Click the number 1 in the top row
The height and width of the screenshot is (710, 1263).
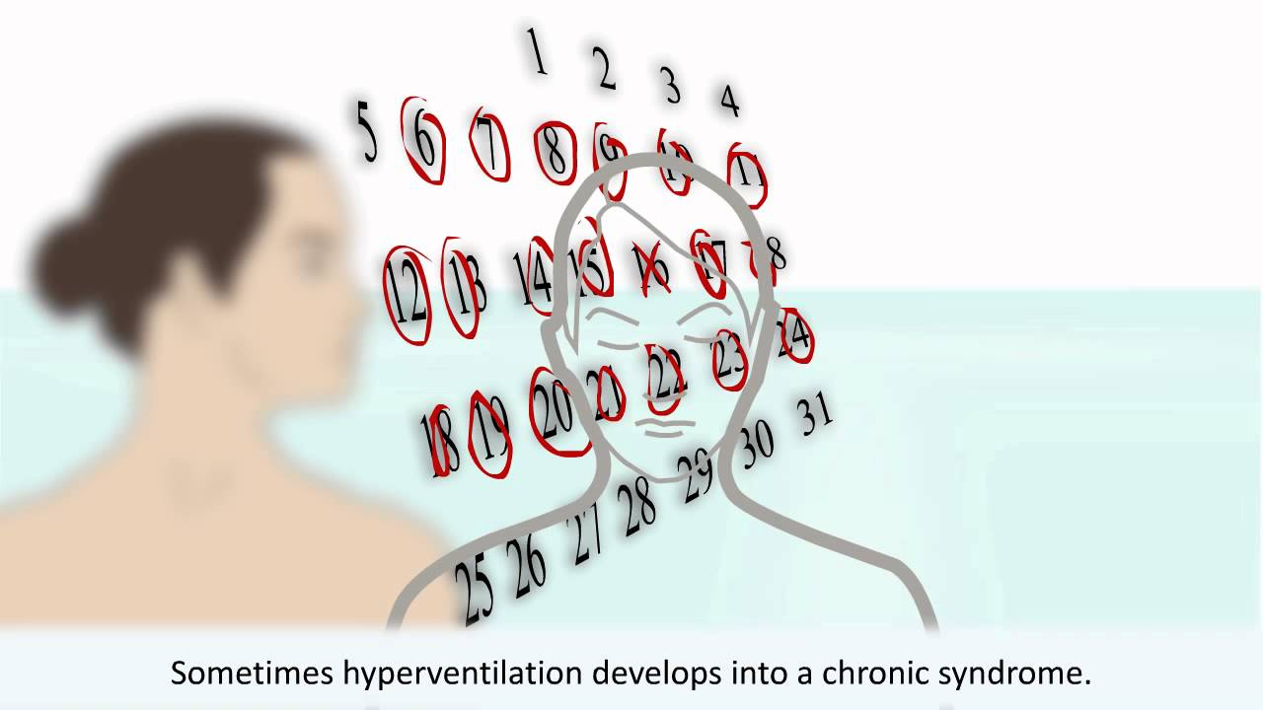click(538, 53)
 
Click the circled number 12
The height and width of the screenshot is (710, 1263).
click(409, 293)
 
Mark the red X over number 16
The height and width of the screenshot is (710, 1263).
click(652, 267)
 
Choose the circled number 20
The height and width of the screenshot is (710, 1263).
click(556, 412)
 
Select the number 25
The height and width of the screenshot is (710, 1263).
click(476, 590)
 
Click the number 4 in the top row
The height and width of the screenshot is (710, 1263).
click(729, 100)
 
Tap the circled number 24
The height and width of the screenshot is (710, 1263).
click(793, 336)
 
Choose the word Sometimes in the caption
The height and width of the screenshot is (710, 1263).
click(251, 674)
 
